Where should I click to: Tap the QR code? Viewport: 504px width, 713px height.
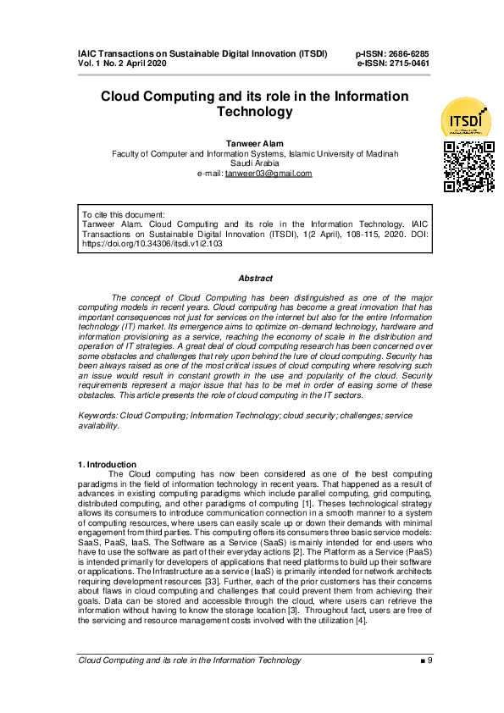(x=468, y=166)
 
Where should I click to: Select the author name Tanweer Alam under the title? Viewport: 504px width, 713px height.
(x=255, y=143)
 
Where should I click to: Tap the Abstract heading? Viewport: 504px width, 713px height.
(x=255, y=278)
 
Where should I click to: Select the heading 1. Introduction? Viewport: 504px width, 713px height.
(x=107, y=464)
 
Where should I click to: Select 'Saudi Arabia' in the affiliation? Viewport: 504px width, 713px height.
(x=255, y=163)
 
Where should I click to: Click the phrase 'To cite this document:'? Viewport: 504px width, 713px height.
(x=123, y=214)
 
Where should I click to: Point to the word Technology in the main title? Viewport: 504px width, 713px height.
(x=255, y=112)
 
